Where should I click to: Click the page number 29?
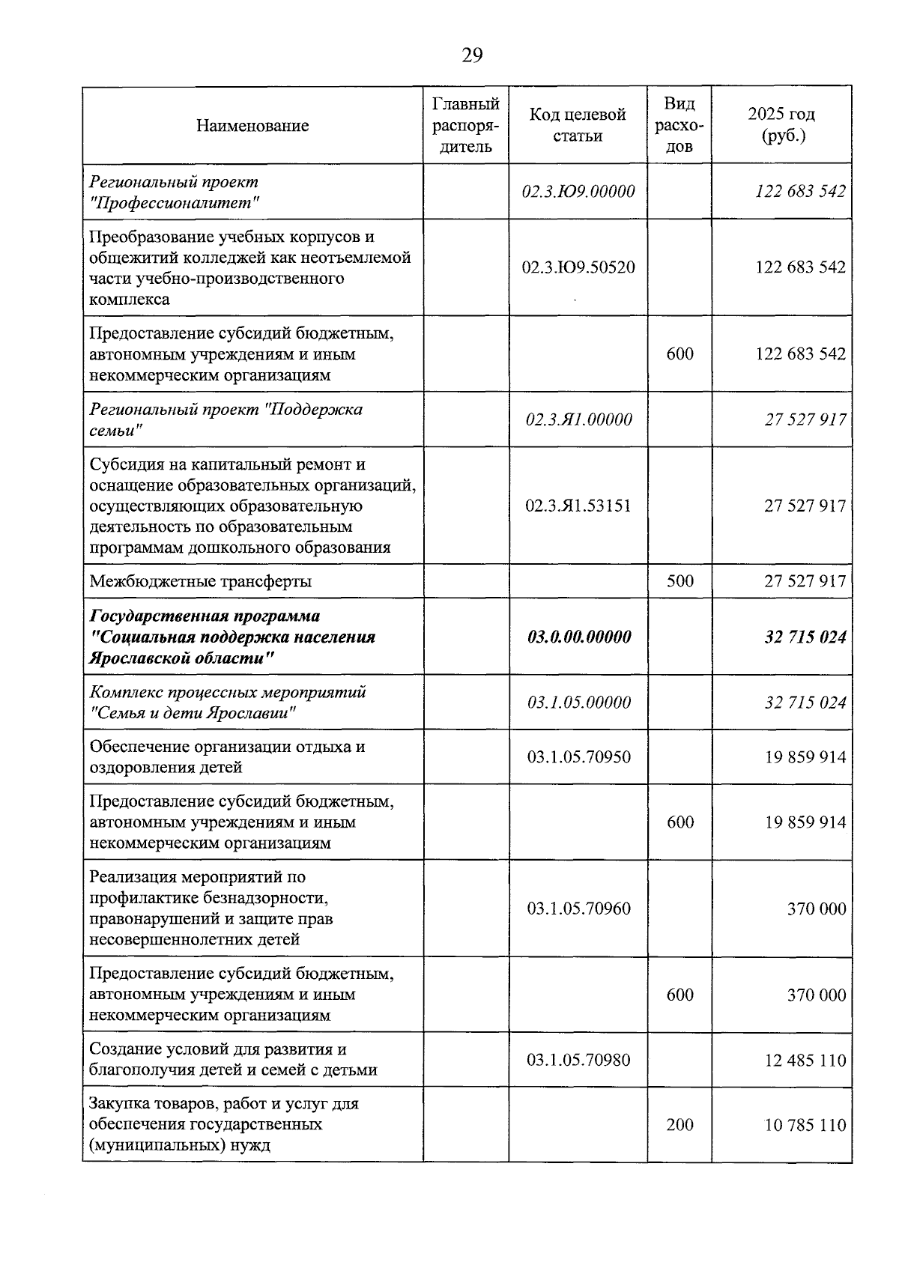[472, 56]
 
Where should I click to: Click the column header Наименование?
[252, 126]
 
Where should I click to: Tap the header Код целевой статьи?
[578, 125]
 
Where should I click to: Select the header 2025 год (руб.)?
[781, 125]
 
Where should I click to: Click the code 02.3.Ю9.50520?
[578, 267]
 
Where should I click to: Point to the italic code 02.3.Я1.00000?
[578, 419]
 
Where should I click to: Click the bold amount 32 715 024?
[805, 637]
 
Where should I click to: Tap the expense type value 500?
[679, 581]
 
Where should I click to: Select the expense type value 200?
[679, 1125]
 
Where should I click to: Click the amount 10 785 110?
[805, 1125]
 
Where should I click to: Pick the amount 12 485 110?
[805, 1060]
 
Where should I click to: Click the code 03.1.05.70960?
[578, 908]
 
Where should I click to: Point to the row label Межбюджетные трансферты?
[200, 581]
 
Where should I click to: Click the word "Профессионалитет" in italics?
[175, 202]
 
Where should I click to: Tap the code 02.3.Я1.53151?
[578, 506]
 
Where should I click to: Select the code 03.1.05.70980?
[578, 1060]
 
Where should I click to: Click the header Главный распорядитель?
[466, 125]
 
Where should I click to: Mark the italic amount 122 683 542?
[800, 191]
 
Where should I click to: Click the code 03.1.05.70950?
[578, 757]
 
